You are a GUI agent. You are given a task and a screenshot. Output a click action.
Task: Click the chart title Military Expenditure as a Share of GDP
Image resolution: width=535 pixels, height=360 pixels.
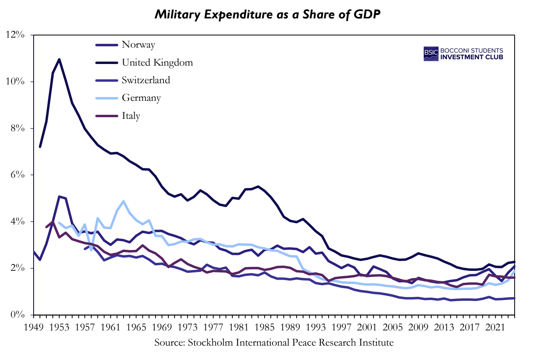coord(267,15)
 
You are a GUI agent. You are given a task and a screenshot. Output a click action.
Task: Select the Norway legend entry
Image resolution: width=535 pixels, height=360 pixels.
coord(138,45)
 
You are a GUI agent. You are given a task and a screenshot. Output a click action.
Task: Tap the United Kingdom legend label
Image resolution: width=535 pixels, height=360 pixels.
coord(157,62)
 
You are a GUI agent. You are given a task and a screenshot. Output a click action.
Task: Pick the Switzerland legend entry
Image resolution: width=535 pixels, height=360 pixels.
coord(146,80)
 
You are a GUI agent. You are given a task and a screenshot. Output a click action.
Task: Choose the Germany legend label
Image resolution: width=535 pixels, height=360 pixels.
coord(141,98)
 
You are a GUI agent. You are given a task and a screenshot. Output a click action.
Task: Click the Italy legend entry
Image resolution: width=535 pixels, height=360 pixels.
coord(131,116)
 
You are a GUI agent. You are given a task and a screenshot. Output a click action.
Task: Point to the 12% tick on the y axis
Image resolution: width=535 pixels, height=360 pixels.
coord(16,35)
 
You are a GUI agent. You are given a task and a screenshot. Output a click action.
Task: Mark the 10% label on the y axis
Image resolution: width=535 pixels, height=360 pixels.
coord(16,82)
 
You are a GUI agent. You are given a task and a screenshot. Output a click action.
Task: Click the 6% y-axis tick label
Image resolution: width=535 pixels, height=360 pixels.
coord(18,175)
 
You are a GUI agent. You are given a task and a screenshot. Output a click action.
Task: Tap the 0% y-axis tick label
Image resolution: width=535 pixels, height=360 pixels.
coord(18,315)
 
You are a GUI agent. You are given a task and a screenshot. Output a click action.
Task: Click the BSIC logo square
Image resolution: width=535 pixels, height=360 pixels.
coord(431,54)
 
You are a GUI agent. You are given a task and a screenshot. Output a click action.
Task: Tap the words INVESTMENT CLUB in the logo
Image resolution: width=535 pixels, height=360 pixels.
coord(471,57)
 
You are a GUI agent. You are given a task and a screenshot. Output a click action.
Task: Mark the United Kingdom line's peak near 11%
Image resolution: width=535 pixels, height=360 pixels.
coord(59,60)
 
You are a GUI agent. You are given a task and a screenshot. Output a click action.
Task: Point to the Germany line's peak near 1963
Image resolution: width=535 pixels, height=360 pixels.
coord(123,201)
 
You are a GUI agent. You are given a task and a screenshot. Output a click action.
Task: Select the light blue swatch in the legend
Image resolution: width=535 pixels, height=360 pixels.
coord(107,98)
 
